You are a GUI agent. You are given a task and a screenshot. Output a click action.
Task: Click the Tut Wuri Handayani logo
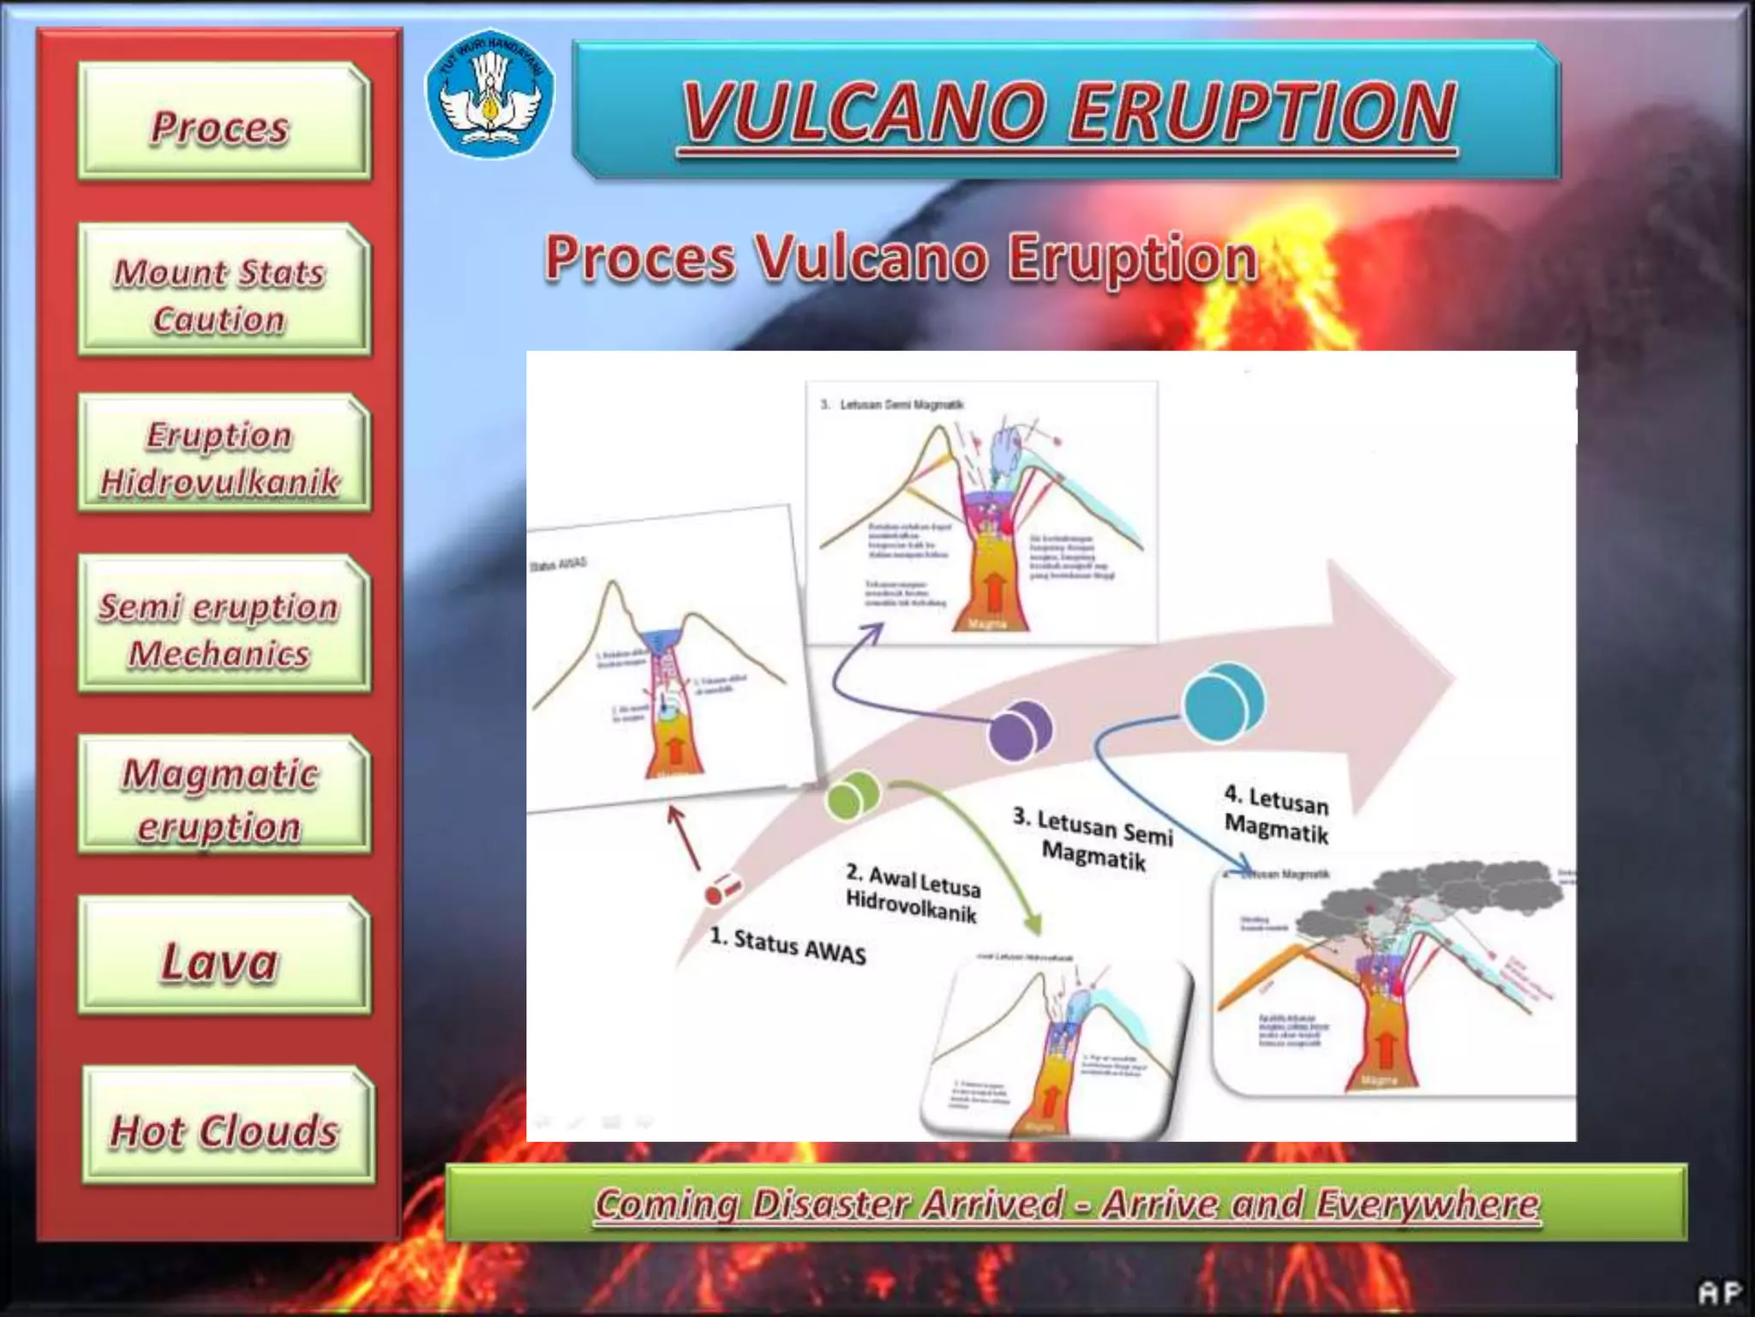point(490,94)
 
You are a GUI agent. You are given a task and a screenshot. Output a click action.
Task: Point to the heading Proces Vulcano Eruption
point(901,257)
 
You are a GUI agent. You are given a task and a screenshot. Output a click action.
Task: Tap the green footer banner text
point(1066,1203)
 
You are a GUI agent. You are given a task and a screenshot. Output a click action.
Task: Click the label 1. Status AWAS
point(788,945)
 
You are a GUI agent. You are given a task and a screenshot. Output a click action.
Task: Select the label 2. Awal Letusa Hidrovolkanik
point(912,893)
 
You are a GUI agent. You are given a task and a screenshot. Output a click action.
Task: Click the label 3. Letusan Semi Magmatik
point(1093,838)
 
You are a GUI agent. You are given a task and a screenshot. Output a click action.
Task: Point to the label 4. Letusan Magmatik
point(1277,815)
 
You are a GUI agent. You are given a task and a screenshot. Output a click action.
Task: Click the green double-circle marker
point(853,794)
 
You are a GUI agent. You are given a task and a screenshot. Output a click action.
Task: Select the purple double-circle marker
point(1020,730)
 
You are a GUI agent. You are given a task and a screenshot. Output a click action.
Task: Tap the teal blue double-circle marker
point(1223,702)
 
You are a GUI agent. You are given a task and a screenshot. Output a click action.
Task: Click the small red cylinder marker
point(722,891)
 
